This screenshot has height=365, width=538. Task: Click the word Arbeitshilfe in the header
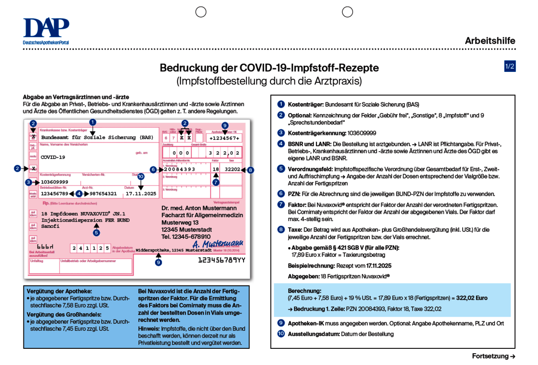[x=490, y=41]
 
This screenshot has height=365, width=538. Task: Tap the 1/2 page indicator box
[x=510, y=67]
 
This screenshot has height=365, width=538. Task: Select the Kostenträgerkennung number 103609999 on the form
[x=54, y=182]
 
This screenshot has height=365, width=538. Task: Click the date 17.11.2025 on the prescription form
[x=141, y=194]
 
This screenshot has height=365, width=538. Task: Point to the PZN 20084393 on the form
[x=179, y=170]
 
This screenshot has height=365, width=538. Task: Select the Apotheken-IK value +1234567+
[x=224, y=138]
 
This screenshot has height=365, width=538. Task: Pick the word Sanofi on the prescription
[x=50, y=227]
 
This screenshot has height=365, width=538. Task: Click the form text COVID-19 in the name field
[x=53, y=157]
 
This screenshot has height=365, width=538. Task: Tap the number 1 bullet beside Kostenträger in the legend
[x=281, y=104]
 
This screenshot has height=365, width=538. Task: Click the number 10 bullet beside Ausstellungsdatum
[x=281, y=334]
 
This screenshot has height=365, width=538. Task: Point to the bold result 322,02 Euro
[x=471, y=297]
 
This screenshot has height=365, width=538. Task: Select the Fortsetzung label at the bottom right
[x=493, y=356]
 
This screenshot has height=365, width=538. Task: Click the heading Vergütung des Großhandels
[x=64, y=315]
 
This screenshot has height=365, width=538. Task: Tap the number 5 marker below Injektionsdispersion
[x=96, y=233]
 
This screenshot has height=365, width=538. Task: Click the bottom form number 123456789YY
[x=222, y=260]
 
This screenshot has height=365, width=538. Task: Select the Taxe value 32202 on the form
[x=232, y=170]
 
